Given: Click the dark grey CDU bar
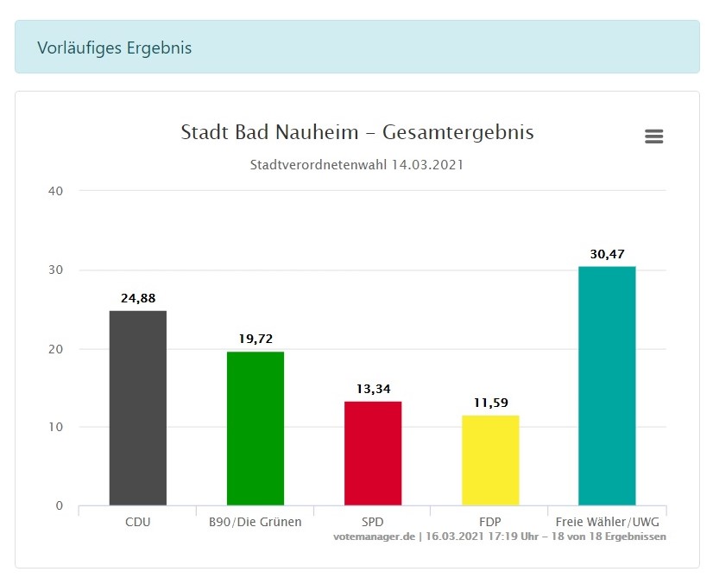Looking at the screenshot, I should tap(138, 408).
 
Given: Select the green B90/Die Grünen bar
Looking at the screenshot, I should tap(256, 429).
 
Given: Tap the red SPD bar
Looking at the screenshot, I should tap(373, 453).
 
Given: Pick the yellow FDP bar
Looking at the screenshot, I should tap(490, 460).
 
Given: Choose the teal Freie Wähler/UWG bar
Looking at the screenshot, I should tap(607, 385).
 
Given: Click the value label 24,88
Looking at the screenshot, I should tap(138, 298).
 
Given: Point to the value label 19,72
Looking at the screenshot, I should tap(256, 339).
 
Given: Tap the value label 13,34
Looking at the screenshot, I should tap(373, 389).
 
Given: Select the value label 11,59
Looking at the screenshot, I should tap(490, 403).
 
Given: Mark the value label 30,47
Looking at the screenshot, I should tap(607, 254).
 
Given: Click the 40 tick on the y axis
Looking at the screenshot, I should tap(56, 191).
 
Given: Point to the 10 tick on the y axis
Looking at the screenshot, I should tap(56, 427).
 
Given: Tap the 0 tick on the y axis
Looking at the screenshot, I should tap(60, 505).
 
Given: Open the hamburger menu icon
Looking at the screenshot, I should tap(654, 137).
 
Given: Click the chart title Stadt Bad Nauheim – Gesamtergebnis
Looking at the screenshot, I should tap(357, 132).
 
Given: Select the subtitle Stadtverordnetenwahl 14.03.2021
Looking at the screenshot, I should tap(356, 164).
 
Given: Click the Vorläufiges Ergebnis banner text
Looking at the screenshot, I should tap(115, 48).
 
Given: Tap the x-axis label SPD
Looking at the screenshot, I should tap(373, 522).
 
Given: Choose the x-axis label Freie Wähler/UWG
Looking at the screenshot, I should tap(607, 522).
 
